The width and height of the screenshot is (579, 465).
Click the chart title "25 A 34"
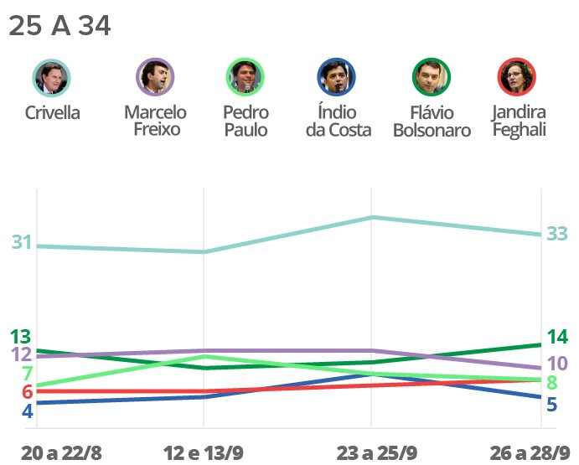point(59,26)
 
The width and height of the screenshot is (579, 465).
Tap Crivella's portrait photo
point(52,78)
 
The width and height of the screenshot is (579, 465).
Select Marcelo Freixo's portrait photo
point(155,78)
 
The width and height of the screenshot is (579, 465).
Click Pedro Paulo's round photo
point(246,78)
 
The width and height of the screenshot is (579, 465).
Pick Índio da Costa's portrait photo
point(338,78)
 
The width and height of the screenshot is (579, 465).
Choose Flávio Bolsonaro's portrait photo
point(432,78)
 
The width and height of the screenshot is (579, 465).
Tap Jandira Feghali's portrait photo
point(518,78)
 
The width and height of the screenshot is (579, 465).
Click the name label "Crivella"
point(52,113)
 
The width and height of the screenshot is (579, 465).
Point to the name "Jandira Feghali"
point(519,121)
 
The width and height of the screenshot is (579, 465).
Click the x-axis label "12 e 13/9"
point(204,453)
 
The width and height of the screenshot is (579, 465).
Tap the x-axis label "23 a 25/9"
point(376,453)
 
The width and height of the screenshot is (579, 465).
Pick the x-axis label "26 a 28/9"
point(530,453)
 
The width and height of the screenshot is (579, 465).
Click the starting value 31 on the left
point(22,243)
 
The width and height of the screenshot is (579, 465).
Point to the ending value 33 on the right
point(557,235)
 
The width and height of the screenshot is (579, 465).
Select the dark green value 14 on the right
point(557,338)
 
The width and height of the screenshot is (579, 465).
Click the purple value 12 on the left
point(21,354)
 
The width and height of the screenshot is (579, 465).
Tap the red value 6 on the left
point(27,392)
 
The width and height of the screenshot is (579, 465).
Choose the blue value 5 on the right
point(552,405)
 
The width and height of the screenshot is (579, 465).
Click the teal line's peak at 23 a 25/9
point(372,218)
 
